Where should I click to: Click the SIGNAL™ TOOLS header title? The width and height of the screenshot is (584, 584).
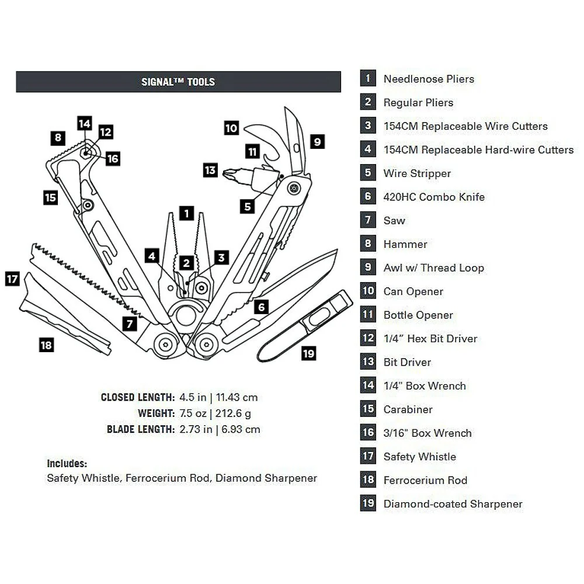178,82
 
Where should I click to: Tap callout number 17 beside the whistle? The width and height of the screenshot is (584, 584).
12,279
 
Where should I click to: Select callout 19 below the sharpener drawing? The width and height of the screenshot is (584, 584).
309,353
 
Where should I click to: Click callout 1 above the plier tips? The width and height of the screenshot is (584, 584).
186,213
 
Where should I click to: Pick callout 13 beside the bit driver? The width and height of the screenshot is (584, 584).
210,171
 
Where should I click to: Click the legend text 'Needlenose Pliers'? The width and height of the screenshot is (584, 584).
429,79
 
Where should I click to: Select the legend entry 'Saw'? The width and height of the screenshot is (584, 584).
394,221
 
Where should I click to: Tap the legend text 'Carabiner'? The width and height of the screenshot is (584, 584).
408,409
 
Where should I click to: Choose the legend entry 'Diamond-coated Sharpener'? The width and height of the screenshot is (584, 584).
453,504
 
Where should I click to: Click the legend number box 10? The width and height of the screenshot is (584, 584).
368,291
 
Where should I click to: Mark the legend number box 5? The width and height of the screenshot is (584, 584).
368,173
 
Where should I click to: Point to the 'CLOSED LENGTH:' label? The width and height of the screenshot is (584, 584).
138,398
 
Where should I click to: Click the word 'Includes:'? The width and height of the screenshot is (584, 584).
67,464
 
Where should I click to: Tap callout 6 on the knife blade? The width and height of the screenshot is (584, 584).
262,307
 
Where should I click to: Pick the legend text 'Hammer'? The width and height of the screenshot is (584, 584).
405,244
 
